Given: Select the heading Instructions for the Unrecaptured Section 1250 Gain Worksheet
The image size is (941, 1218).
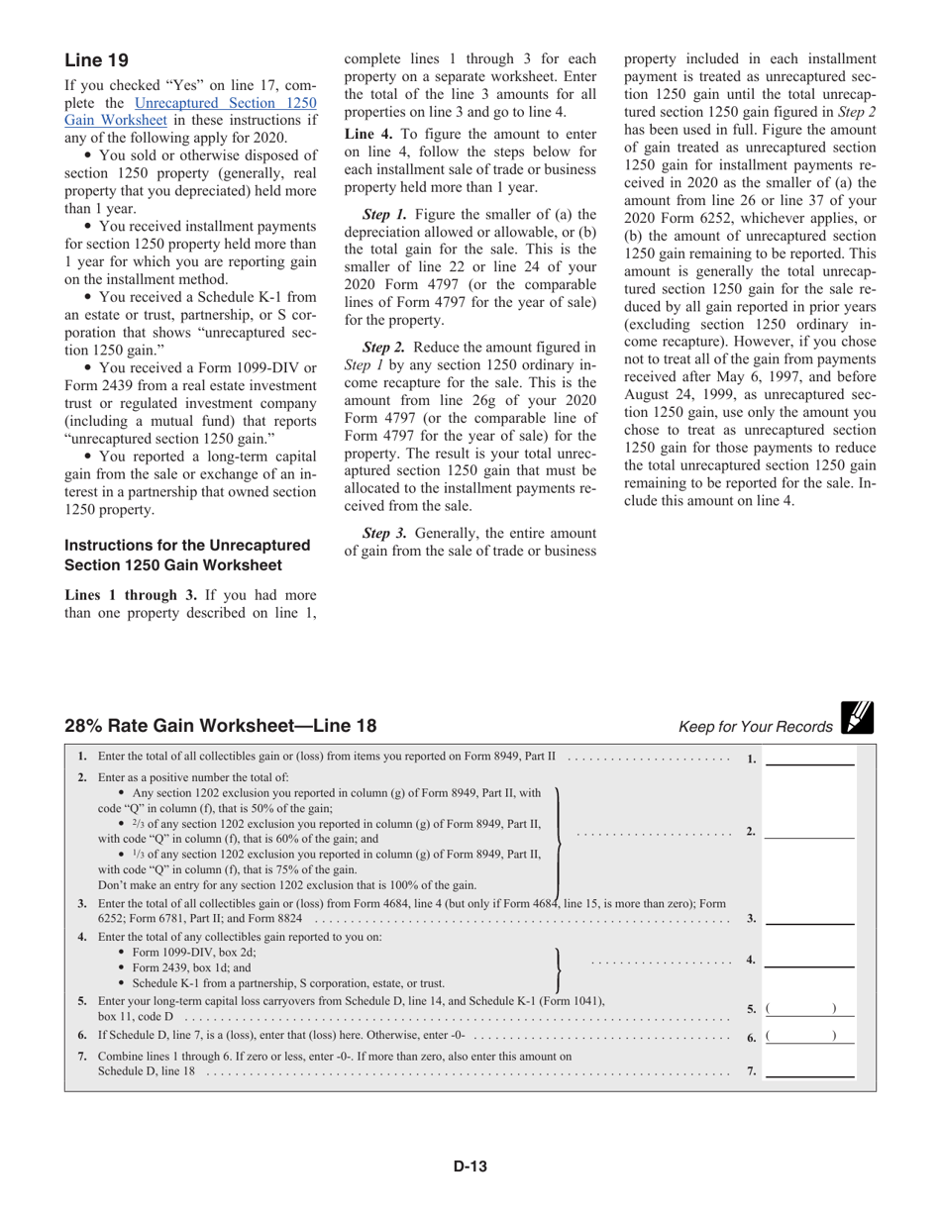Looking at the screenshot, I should pyautogui.click(x=187, y=555).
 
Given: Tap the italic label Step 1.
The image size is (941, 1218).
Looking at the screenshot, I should pyautogui.click(x=382, y=213).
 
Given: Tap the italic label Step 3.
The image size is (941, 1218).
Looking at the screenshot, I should pyautogui.click(x=382, y=533).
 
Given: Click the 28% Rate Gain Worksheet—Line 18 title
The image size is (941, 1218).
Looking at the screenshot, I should pyautogui.click(x=220, y=726).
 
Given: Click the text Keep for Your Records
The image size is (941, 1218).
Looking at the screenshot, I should pyautogui.click(x=755, y=727).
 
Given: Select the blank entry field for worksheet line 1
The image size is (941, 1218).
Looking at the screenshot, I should pyautogui.click(x=810, y=759).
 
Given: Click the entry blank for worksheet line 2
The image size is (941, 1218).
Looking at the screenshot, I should pyautogui.click(x=810, y=832).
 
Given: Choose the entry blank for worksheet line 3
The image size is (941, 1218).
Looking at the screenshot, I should pyautogui.click(x=810, y=918).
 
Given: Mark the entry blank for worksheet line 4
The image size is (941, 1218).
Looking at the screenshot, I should pyautogui.click(x=810, y=960).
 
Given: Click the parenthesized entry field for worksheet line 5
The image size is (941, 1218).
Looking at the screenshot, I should pyautogui.click(x=810, y=1009).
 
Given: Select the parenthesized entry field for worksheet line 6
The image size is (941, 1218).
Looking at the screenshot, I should pyautogui.click(x=810, y=1036).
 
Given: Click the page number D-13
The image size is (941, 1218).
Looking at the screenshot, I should pyautogui.click(x=470, y=1167).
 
